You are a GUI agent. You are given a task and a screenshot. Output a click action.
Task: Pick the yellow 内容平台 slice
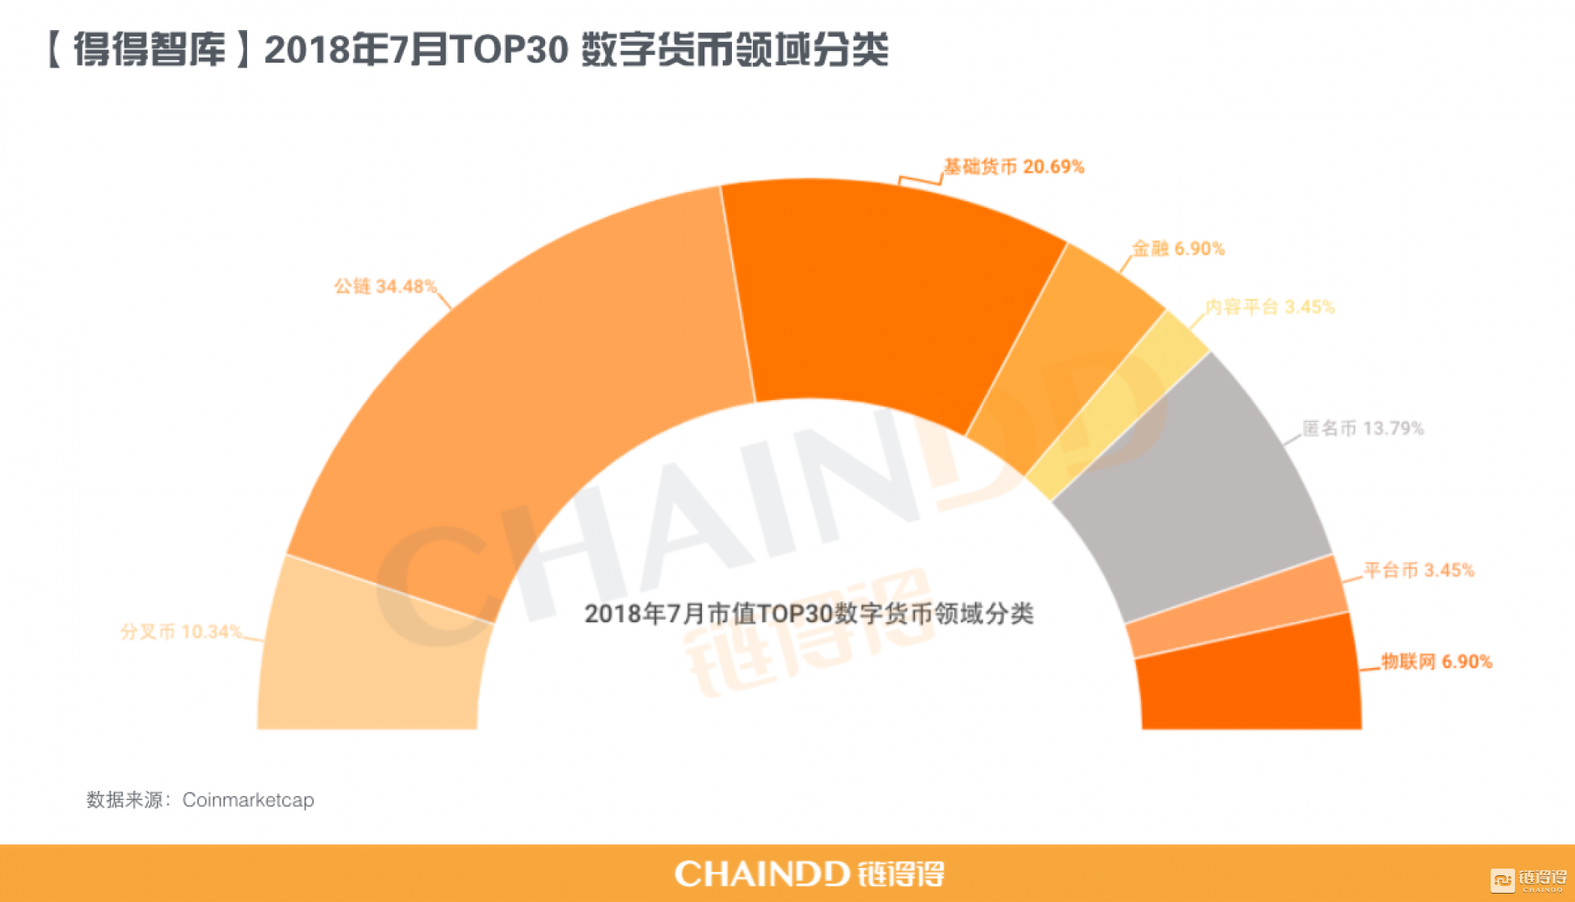pos(1118,401)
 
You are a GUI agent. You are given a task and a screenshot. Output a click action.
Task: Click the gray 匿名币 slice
pos(1194,493)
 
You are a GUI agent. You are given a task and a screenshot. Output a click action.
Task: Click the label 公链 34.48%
pos(385,286)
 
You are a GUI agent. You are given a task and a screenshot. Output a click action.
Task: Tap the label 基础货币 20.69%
pos(1013,167)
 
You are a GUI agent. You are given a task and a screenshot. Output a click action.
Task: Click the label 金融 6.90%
pos(1178,249)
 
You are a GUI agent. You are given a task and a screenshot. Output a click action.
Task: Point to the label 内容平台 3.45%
pos(1270,307)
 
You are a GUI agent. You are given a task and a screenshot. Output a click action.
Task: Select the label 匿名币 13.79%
pos(1363,428)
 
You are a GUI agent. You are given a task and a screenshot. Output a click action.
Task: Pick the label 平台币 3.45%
pos(1419,570)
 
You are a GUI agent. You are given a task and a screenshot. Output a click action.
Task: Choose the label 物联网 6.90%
pos(1436,661)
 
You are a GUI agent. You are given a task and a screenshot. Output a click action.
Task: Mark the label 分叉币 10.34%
pos(181,631)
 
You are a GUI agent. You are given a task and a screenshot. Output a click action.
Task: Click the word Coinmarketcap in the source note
pos(248,800)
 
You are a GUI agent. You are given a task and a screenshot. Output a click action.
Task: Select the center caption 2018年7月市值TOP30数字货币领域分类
pos(809,614)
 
